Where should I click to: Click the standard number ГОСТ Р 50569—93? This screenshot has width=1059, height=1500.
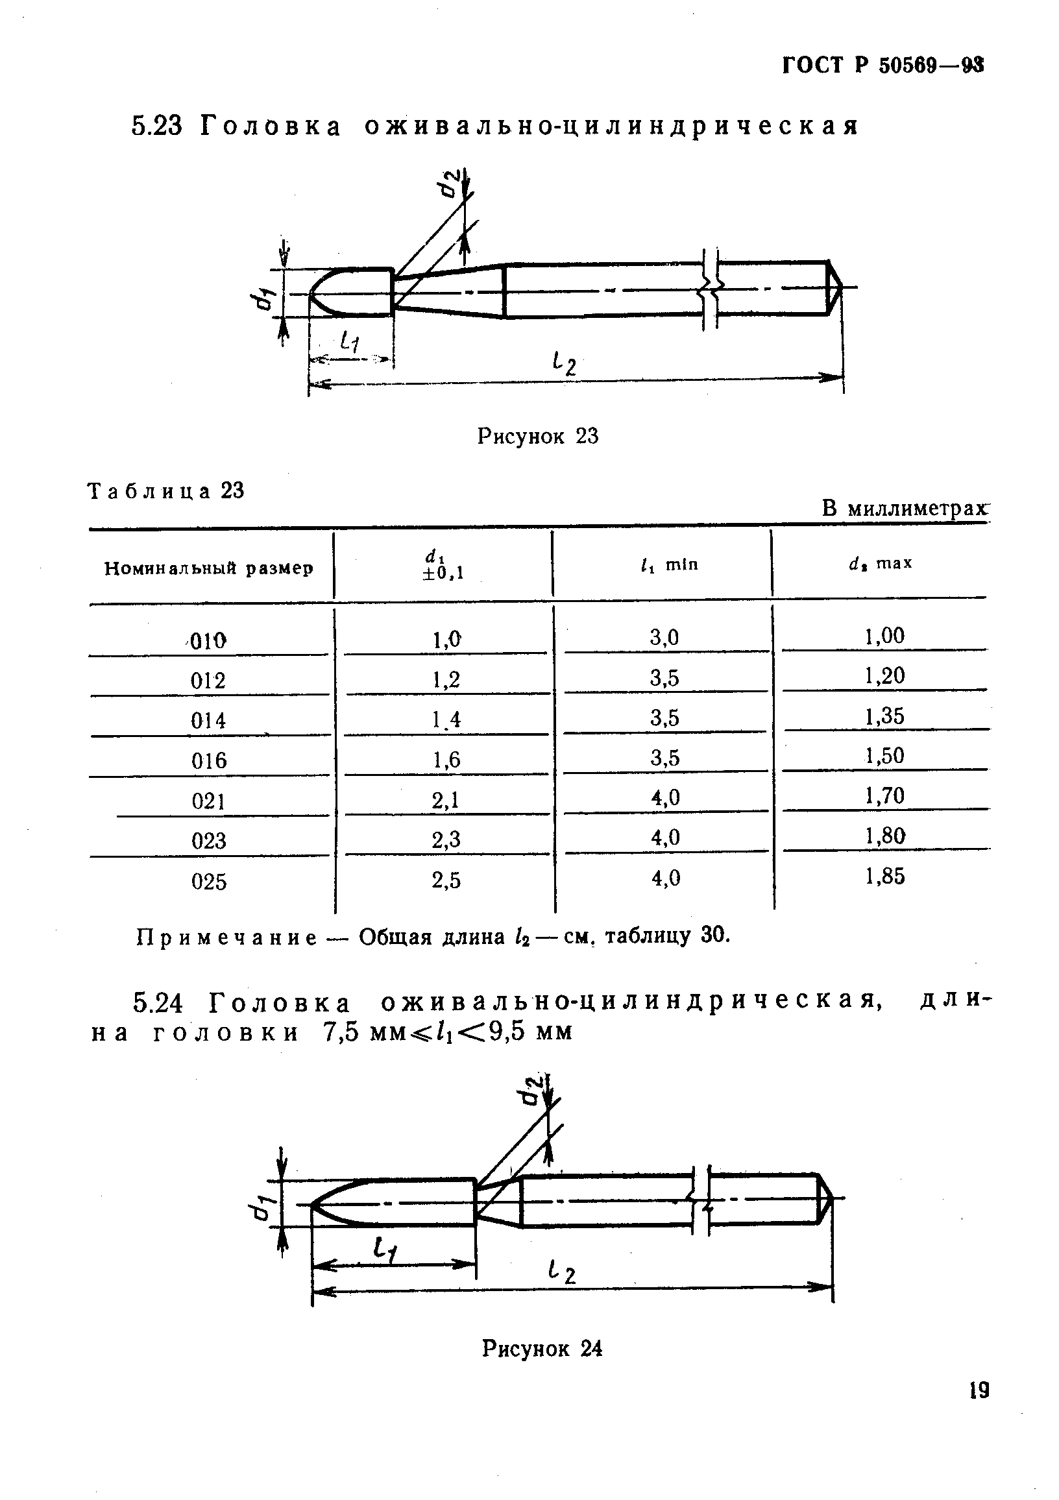click(882, 66)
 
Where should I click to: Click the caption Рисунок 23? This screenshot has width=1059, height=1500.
click(538, 436)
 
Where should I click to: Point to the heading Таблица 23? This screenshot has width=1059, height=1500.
click(166, 490)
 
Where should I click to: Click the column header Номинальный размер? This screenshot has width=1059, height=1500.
click(209, 568)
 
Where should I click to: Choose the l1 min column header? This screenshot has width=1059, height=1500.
click(670, 564)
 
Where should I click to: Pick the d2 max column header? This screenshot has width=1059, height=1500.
click(881, 563)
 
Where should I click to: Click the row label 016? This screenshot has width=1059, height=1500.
click(209, 760)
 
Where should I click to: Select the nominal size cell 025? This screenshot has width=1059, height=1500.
click(209, 882)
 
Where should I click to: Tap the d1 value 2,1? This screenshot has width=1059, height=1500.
click(446, 800)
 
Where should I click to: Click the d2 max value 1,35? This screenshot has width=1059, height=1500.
click(885, 717)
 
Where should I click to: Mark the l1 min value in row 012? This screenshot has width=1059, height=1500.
click(665, 678)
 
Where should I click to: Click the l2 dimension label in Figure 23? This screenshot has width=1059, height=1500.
click(564, 363)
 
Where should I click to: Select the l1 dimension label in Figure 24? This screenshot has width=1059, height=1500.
click(387, 1250)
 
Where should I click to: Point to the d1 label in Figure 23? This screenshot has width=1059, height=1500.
click(263, 298)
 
